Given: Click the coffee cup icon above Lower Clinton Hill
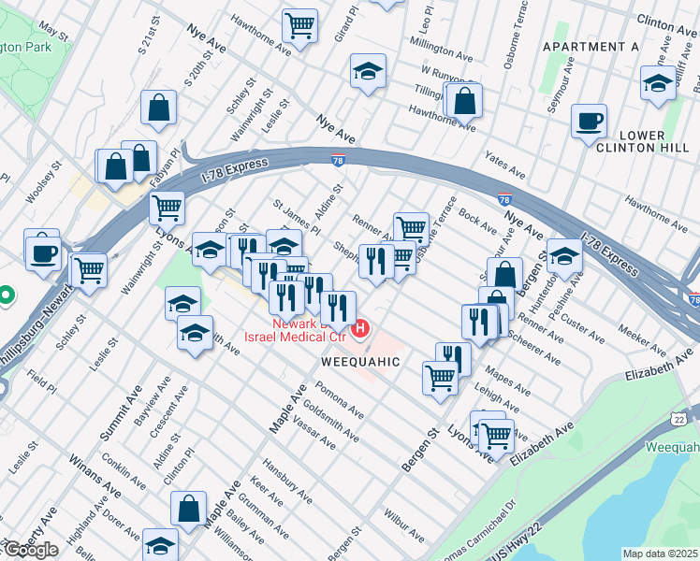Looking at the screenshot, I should pos(590,122).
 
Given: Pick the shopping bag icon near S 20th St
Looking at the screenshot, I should pos(159,108).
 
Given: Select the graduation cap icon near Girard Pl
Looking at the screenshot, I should pos(368,71).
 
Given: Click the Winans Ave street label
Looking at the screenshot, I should pos(93,477).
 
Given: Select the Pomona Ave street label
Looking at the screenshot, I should pos(339,398).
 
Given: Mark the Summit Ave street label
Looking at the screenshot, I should pos(120,415).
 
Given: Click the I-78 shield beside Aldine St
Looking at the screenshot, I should pos(338,161).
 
